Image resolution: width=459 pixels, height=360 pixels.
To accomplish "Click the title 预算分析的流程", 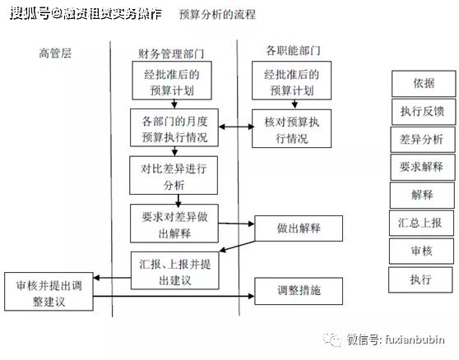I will coord(216,15).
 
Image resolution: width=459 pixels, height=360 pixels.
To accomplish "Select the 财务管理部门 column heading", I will coord(171,54).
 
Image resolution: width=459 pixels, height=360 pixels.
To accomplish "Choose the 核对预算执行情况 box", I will coord(286,129).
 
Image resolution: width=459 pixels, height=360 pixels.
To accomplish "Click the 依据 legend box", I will coord(423,83).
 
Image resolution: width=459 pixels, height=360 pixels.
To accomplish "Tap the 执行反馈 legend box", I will coord(423,110).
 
